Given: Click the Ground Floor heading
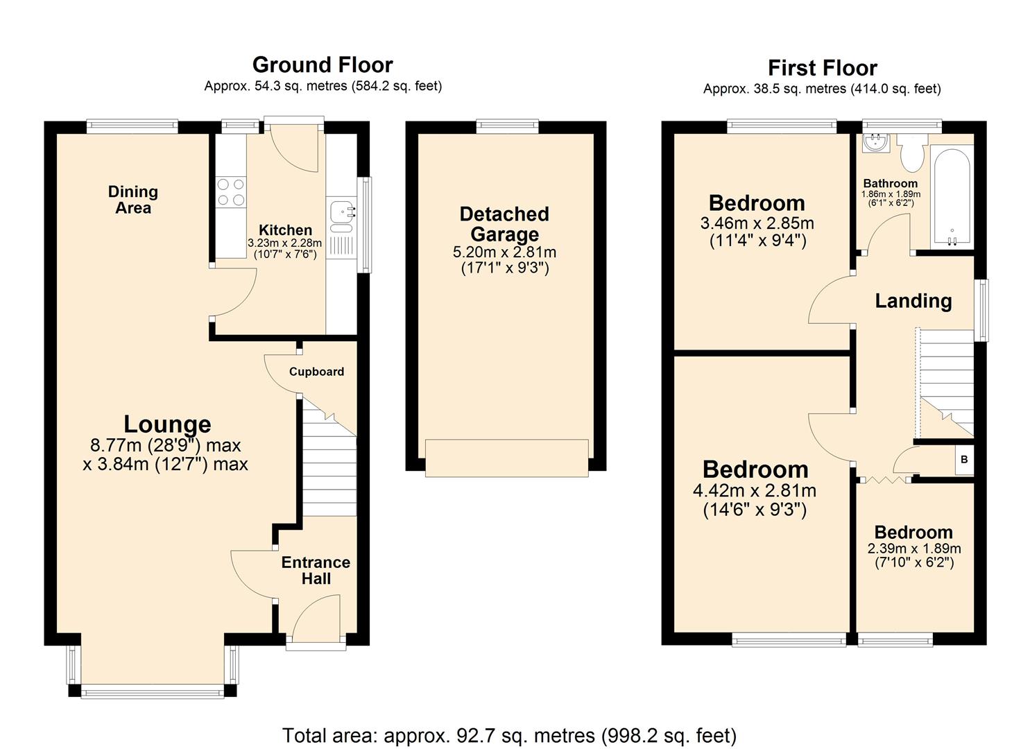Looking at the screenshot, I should pyautogui.click(x=323, y=64).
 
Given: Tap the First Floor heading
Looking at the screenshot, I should pyautogui.click(x=822, y=68).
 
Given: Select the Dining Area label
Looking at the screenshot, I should pyautogui.click(x=133, y=200).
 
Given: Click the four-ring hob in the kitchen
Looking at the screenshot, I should pyautogui.click(x=231, y=192).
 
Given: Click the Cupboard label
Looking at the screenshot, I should pyautogui.click(x=316, y=372).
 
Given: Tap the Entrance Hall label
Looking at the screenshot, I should pyautogui.click(x=316, y=570).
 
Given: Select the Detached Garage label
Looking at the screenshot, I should pyautogui.click(x=504, y=224).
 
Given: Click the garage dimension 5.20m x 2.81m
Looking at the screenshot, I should pyautogui.click(x=504, y=252).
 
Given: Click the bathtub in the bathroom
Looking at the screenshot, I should pyautogui.click(x=951, y=198).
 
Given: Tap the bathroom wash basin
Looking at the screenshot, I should pyautogui.click(x=872, y=144).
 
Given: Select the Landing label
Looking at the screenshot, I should pyautogui.click(x=913, y=301).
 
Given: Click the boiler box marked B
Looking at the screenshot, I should pyautogui.click(x=964, y=460).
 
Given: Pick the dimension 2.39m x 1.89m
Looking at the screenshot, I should pyautogui.click(x=913, y=549).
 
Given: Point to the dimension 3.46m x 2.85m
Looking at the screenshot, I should pyautogui.click(x=757, y=224).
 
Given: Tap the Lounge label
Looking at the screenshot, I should pyautogui.click(x=167, y=424).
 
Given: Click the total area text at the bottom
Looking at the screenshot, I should pyautogui.click(x=509, y=735).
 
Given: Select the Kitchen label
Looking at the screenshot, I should pyautogui.click(x=285, y=230).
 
